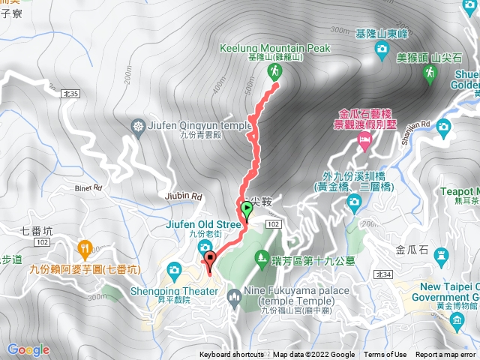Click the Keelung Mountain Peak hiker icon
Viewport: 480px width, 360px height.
[x=273, y=71]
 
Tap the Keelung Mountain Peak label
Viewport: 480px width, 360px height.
[x=274, y=48]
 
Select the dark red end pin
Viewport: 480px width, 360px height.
[x=209, y=261]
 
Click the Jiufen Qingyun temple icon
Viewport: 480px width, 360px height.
[x=138, y=125]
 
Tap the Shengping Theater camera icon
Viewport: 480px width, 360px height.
[x=174, y=269]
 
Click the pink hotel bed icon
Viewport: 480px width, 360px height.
[x=364, y=142]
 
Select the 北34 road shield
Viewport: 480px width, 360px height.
[x=384, y=275]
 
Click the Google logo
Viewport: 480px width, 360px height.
[x=28, y=349]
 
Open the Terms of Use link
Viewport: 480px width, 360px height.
[x=385, y=355]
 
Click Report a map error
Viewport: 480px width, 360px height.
[x=446, y=355]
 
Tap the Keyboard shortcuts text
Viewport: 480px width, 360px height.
[x=232, y=355]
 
